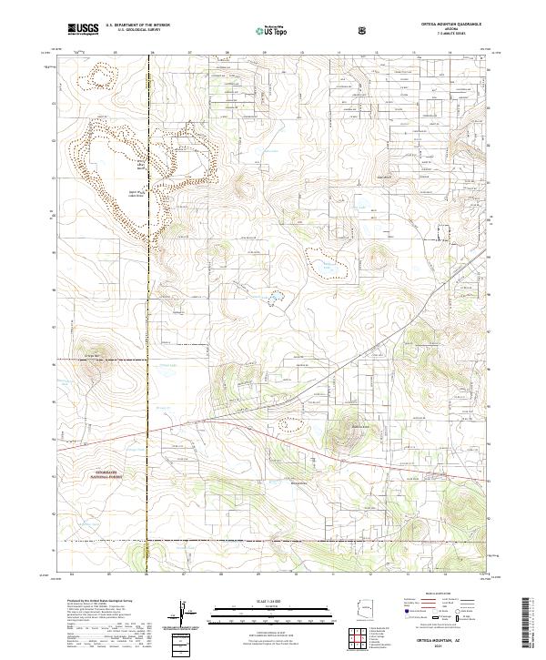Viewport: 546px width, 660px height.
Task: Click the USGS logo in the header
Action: click(83, 29)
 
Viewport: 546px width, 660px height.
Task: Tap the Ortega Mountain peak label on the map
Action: click(91, 353)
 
